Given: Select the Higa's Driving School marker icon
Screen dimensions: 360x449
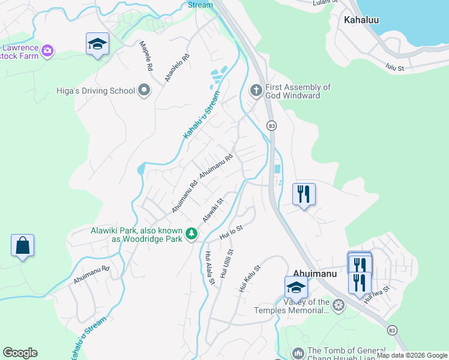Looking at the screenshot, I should [x=144, y=91].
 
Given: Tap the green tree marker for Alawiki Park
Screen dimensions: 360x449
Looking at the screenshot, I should [x=191, y=233].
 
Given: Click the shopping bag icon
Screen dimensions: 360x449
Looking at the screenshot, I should [x=22, y=246].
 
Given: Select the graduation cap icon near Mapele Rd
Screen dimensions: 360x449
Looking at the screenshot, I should [x=97, y=44].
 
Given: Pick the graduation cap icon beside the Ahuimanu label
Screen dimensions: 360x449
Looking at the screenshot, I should [x=296, y=288].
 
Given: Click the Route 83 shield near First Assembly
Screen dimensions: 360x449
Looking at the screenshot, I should [x=272, y=125].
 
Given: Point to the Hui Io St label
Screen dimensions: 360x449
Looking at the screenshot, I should [x=231, y=233].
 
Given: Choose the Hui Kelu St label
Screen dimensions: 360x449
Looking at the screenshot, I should [x=250, y=279].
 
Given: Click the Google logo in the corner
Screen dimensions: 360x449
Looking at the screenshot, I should [x=20, y=353].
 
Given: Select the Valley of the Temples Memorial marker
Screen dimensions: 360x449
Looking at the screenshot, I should [x=339, y=306].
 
